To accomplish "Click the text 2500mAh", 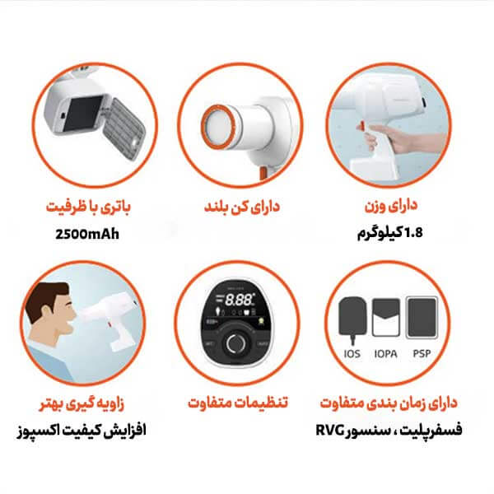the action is point(87,234).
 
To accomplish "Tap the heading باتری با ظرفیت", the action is point(88,207).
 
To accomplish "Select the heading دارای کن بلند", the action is point(242,207).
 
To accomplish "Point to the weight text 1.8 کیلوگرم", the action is point(389,233).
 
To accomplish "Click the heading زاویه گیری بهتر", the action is point(82,403).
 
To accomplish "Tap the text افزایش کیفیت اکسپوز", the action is point(82,431).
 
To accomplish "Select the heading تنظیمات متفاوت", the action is point(238,403).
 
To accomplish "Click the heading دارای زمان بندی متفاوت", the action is point(389,403).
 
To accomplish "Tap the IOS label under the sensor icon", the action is point(352,354).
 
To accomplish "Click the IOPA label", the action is point(385,354).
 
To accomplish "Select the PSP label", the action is point(422,354).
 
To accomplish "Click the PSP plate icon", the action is point(422,318).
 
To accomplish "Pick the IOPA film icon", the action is point(386,317).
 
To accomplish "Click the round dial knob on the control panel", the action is point(234,343).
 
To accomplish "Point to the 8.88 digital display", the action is point(239,301).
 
